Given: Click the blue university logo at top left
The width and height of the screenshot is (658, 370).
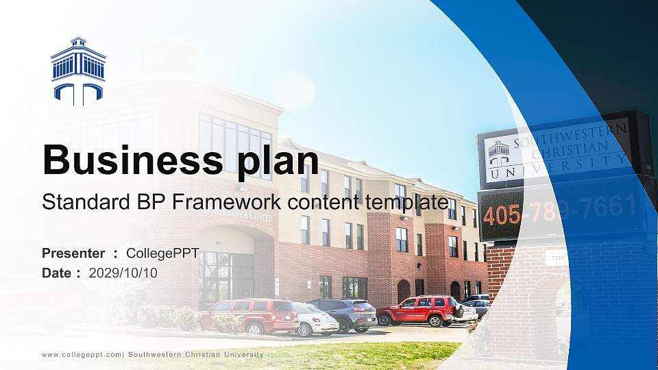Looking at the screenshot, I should [x=78, y=71].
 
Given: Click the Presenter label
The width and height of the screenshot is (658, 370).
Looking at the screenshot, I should [x=73, y=254].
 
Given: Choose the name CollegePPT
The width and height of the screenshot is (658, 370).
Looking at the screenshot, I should [x=163, y=254].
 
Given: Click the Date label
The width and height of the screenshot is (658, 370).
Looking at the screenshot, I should [x=57, y=273].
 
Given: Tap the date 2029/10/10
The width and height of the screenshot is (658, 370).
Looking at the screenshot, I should [x=123, y=273].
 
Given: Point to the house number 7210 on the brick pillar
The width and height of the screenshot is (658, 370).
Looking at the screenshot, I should [x=556, y=258].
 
